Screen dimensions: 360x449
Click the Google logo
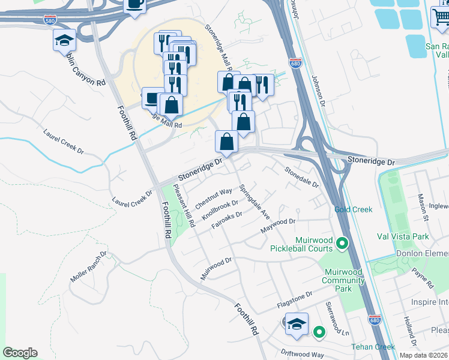(20, 353)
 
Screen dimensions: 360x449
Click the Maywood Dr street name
(279, 227)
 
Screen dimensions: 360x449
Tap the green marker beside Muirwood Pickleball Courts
(342, 243)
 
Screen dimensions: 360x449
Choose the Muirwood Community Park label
(343, 280)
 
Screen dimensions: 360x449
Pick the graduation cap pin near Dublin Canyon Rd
(64, 41)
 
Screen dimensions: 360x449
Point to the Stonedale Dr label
(301, 176)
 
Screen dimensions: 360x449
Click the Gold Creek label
(354, 209)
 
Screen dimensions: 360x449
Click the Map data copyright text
(423, 355)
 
